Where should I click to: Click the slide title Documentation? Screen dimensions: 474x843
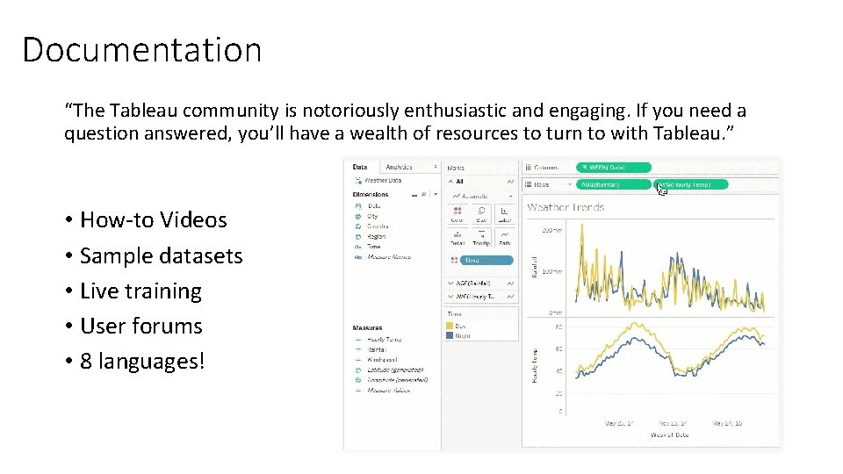click(x=141, y=49)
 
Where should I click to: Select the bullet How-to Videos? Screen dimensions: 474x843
click(x=153, y=219)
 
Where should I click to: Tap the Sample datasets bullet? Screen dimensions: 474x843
click(x=161, y=255)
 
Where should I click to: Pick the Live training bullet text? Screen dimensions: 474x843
click(x=140, y=291)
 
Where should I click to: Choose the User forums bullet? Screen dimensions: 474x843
click(x=140, y=326)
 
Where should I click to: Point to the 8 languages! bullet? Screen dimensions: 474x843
click(x=141, y=361)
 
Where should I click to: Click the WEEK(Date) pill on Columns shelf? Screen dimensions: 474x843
click(x=614, y=167)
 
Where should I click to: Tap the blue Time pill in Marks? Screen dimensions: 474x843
click(x=479, y=260)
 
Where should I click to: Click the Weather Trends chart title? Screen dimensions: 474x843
click(x=566, y=207)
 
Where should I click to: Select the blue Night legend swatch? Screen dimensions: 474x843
click(x=450, y=334)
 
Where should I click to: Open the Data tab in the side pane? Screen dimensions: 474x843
click(x=360, y=167)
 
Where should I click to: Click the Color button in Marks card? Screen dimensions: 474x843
click(x=457, y=214)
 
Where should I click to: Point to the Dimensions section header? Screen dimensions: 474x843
click(x=371, y=194)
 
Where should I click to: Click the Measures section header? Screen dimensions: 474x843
click(x=368, y=328)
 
